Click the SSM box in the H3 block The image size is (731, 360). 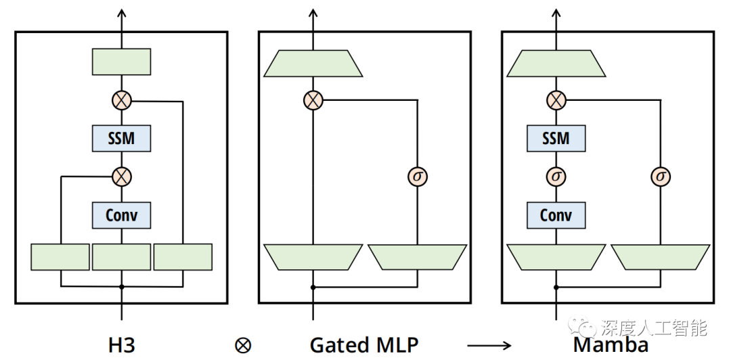point(121,139)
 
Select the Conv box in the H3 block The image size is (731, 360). point(121,215)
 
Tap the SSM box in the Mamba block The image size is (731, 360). point(556,139)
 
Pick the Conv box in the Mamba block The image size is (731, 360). point(556,215)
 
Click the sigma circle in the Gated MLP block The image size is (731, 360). point(418,177)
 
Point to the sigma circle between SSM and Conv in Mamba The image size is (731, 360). point(556,177)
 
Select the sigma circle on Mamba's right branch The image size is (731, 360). point(661,177)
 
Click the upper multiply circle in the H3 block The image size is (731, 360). point(121,101)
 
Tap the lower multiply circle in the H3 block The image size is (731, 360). point(121,177)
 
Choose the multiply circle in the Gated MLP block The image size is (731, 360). point(313,101)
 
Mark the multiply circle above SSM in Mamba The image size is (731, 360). point(556,101)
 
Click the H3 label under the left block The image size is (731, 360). point(122,345)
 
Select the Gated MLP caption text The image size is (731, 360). point(364,345)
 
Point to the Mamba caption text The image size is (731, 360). point(611,345)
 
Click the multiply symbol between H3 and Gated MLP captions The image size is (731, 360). point(242,345)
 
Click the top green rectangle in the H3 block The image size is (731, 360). point(121,62)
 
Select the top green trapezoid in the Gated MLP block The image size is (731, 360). point(313,63)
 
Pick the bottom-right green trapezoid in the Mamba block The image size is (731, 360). point(661,257)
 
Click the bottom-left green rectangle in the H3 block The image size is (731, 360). point(60,257)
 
